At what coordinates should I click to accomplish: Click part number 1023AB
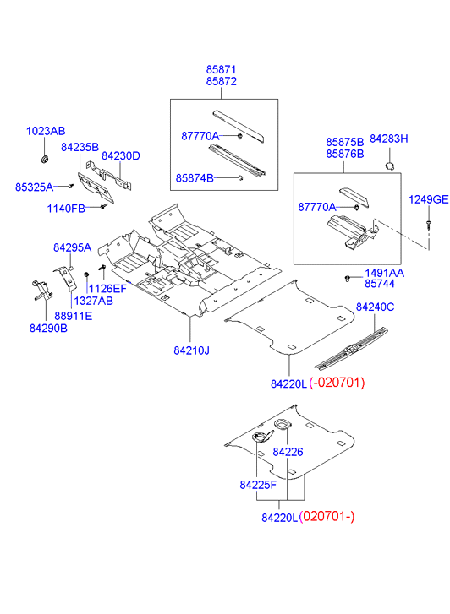coord(46,131)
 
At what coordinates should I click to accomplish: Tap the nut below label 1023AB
coord(45,159)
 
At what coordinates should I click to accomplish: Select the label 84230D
coord(121,156)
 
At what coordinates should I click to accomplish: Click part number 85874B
coord(195,178)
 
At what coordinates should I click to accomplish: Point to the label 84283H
coord(389,139)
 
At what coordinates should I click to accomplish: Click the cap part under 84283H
coord(390,166)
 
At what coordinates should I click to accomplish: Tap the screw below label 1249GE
coord(428,225)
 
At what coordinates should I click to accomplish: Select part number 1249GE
coord(428,199)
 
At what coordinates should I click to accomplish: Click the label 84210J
coord(191,350)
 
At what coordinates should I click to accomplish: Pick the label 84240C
coord(375,307)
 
